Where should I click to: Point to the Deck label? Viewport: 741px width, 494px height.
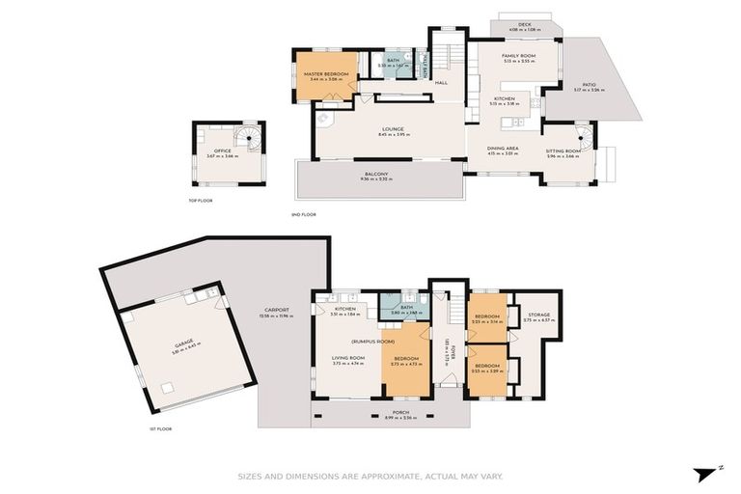(525, 25)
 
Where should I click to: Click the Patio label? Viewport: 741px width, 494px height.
(585, 85)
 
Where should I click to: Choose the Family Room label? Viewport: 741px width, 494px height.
(517, 56)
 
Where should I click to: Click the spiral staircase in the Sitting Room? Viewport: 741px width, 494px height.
(584, 135)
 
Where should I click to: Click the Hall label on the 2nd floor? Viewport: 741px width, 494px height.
(441, 83)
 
